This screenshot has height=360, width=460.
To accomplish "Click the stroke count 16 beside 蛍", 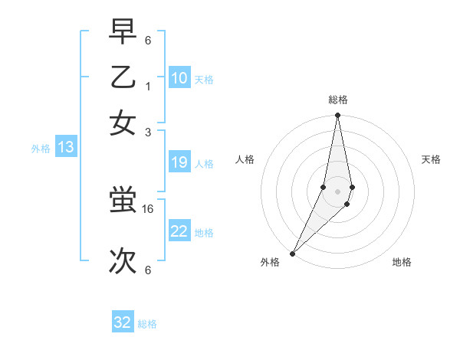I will [149, 208].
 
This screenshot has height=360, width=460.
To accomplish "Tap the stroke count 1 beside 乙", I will [148, 87].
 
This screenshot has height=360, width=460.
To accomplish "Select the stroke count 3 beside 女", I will [148, 132].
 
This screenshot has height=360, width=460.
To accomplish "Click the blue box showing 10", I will [179, 78].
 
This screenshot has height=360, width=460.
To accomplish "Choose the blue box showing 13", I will [65, 148].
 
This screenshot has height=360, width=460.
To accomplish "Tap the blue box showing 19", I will [179, 162].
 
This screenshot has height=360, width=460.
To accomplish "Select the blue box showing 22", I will [179, 231].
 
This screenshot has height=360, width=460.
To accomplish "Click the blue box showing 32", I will [123, 322].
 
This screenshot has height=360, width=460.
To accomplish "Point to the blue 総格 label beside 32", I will [147, 324].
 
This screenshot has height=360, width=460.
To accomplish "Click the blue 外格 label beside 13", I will [41, 149].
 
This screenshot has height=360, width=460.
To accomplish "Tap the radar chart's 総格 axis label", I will [338, 100].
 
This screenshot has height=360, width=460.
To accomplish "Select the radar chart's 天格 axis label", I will [431, 159].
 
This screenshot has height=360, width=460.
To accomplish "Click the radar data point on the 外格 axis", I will [293, 253].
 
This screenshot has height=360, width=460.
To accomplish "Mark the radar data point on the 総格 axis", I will [337, 116].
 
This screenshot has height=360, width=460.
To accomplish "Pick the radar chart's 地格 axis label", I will [402, 262].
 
